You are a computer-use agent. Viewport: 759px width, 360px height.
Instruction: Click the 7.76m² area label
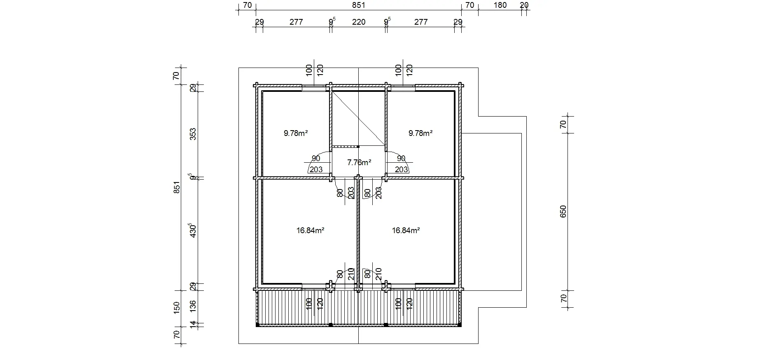click(x=359, y=162)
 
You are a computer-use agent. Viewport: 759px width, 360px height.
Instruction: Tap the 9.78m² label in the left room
click(x=296, y=133)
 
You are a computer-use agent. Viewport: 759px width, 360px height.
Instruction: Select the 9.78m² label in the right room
click(x=420, y=133)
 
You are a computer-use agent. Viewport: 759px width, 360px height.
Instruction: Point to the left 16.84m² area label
click(x=310, y=230)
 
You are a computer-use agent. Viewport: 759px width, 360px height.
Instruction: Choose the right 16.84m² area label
click(x=406, y=230)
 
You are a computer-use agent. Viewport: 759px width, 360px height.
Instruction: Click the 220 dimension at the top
click(x=358, y=22)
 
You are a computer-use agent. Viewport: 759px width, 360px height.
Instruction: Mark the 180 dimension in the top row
click(x=500, y=5)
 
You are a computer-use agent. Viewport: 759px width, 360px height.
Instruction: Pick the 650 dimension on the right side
click(x=563, y=211)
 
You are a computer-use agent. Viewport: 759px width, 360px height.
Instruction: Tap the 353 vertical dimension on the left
click(x=193, y=134)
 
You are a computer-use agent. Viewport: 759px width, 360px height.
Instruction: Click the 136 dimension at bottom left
click(x=193, y=306)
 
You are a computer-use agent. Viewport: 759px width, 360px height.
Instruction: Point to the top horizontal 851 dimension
click(x=359, y=5)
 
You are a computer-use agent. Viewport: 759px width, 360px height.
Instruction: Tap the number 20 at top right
click(x=524, y=5)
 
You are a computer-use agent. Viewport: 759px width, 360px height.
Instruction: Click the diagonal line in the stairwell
click(x=358, y=119)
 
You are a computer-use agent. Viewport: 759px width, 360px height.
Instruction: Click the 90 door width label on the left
click(x=316, y=159)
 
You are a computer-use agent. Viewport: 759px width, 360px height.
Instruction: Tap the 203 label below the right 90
click(x=401, y=169)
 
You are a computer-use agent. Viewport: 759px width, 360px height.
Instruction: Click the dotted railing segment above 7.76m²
click(x=345, y=146)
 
